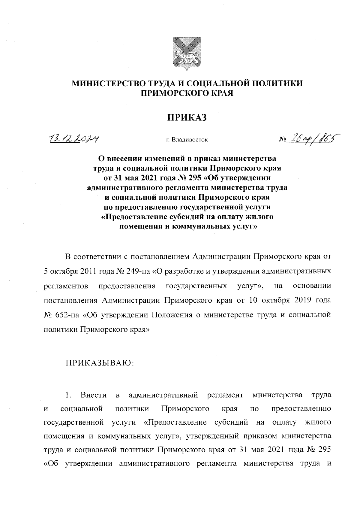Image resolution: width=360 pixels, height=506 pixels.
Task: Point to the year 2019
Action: click(296, 300)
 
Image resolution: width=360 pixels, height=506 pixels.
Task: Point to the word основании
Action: click(312, 286)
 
